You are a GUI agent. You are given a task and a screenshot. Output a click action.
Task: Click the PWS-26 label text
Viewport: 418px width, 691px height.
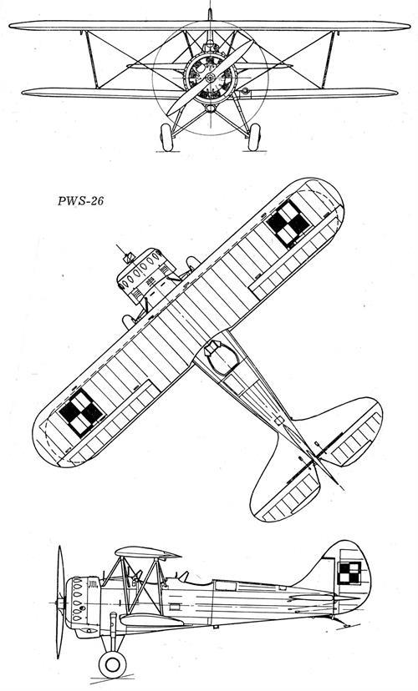click(x=81, y=201)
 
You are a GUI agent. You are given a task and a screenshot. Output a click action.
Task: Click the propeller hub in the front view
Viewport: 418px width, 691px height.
click(x=210, y=78)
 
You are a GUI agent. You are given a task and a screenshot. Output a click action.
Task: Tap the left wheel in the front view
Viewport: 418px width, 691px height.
click(x=166, y=137)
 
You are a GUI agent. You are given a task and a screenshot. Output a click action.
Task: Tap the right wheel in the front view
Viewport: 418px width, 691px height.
click(x=254, y=137)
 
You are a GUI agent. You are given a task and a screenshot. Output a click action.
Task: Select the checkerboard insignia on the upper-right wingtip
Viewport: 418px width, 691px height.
click(x=288, y=223)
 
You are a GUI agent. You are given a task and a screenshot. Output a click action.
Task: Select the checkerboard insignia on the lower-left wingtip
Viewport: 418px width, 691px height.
click(x=82, y=412)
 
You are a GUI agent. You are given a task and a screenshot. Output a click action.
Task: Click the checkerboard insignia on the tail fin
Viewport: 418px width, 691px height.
click(x=349, y=572)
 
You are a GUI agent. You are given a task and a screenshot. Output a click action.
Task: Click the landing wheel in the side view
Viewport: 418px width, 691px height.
click(x=112, y=664)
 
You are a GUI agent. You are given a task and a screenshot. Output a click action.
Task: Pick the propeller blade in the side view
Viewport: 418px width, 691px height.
click(x=60, y=602)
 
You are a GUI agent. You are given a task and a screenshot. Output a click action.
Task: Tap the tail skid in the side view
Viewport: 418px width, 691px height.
click(x=342, y=622)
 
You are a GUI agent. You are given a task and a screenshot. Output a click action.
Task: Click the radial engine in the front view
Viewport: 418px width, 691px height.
click(x=210, y=78)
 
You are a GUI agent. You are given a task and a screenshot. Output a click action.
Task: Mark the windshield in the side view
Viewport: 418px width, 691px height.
click(x=184, y=576)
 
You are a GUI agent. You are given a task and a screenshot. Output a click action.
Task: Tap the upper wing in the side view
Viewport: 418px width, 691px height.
click(x=147, y=552)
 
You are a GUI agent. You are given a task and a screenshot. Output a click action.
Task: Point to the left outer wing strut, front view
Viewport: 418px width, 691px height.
click(x=92, y=59)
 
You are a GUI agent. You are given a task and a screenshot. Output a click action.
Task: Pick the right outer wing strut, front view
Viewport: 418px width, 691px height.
click(x=329, y=59)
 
